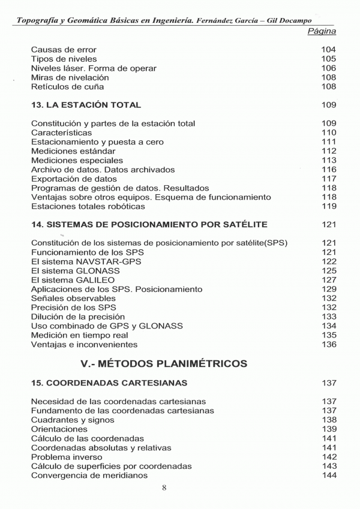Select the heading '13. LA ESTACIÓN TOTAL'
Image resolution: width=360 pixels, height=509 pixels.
coord(86,105)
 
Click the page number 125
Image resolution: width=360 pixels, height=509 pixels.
coord(328,271)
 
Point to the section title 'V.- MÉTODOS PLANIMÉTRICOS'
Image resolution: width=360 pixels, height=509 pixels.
coord(164,363)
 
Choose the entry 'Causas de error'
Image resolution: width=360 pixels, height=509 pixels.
coord(63,50)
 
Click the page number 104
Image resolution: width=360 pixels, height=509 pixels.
coord(328,50)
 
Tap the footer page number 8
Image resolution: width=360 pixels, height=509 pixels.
coord(164,487)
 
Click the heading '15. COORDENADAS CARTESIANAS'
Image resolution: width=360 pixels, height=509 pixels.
coord(109,382)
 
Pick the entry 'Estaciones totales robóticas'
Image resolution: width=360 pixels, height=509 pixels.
coord(88,206)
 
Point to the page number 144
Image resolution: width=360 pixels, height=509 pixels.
coord(328,475)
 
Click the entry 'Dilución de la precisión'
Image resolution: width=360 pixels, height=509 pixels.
coord(78,317)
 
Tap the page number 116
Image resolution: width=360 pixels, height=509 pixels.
coord(328,170)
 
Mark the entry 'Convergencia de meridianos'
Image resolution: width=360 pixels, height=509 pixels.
coord(89,475)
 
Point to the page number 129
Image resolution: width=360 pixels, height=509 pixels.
coord(328,289)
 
